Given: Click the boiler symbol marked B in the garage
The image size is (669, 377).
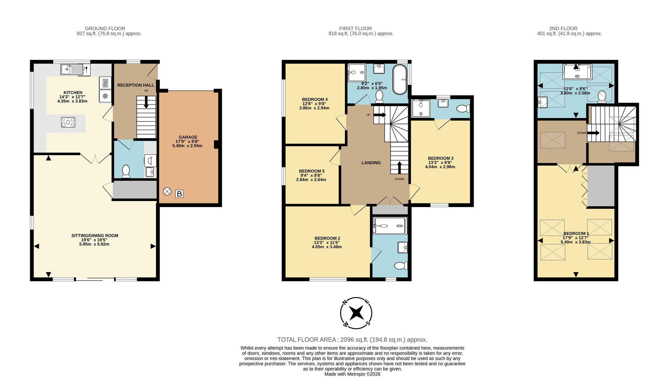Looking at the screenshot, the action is pyautogui.click(x=179, y=194).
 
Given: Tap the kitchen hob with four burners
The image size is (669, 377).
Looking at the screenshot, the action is pyautogui.click(x=68, y=122).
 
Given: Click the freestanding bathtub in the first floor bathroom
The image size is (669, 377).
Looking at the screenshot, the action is pyautogui.click(x=399, y=80).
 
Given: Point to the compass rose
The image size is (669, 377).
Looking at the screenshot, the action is pyautogui.click(x=356, y=313).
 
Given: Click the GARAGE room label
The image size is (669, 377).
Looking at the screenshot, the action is pyautogui.click(x=188, y=137).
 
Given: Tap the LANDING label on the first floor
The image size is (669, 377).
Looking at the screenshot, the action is pyautogui.click(x=371, y=163).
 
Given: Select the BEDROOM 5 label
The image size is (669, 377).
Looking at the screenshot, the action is pyautogui.click(x=312, y=171).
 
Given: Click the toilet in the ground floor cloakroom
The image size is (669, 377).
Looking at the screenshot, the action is pyautogui.click(x=126, y=171).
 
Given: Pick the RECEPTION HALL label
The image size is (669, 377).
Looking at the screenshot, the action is pyautogui.click(x=136, y=85).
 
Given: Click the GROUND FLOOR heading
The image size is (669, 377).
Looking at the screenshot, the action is pyautogui.click(x=105, y=28).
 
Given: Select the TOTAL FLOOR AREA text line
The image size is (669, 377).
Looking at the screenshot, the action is pyautogui.click(x=352, y=340).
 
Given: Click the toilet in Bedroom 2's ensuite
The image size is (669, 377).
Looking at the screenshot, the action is pyautogui.click(x=401, y=266).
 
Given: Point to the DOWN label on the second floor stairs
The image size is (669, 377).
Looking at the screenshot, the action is pyautogui.click(x=582, y=133).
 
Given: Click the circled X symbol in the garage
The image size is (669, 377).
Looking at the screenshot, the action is pyautogui.click(x=167, y=191).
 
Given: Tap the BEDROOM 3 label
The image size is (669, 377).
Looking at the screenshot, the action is pyautogui.click(x=441, y=158).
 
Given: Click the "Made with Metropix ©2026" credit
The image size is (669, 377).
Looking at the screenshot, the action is pyautogui.click(x=352, y=374).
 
